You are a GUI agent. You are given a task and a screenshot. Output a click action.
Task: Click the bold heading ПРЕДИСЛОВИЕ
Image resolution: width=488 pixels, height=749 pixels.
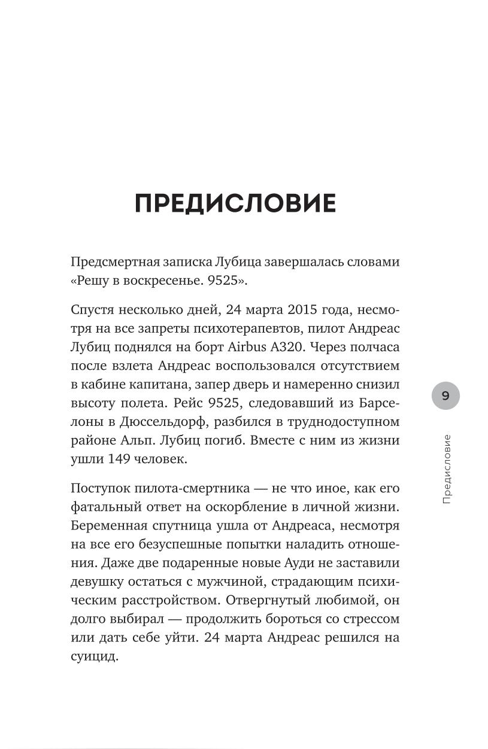tap(235, 204)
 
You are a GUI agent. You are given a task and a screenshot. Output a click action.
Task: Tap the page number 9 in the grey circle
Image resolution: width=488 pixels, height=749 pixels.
tap(445, 395)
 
